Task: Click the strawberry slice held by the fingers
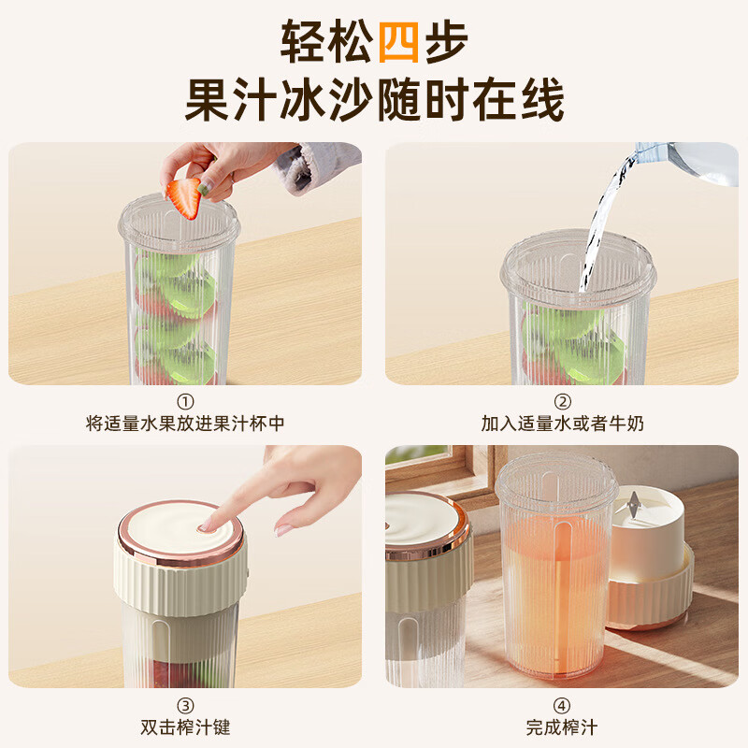pyautogui.click(x=184, y=198)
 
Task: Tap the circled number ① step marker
pyautogui.click(x=185, y=402)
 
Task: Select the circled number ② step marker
pyautogui.click(x=562, y=402)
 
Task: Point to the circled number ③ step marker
pyautogui.click(x=185, y=705)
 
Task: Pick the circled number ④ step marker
pyautogui.click(x=562, y=705)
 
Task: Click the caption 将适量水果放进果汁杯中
pyautogui.click(x=185, y=424)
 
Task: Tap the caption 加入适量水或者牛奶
pyautogui.click(x=562, y=424)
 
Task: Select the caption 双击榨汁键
pyautogui.click(x=185, y=726)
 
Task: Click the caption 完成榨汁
pyautogui.click(x=562, y=726)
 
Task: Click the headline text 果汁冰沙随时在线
pyautogui.click(x=374, y=101)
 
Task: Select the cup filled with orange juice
pyautogui.click(x=555, y=580)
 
